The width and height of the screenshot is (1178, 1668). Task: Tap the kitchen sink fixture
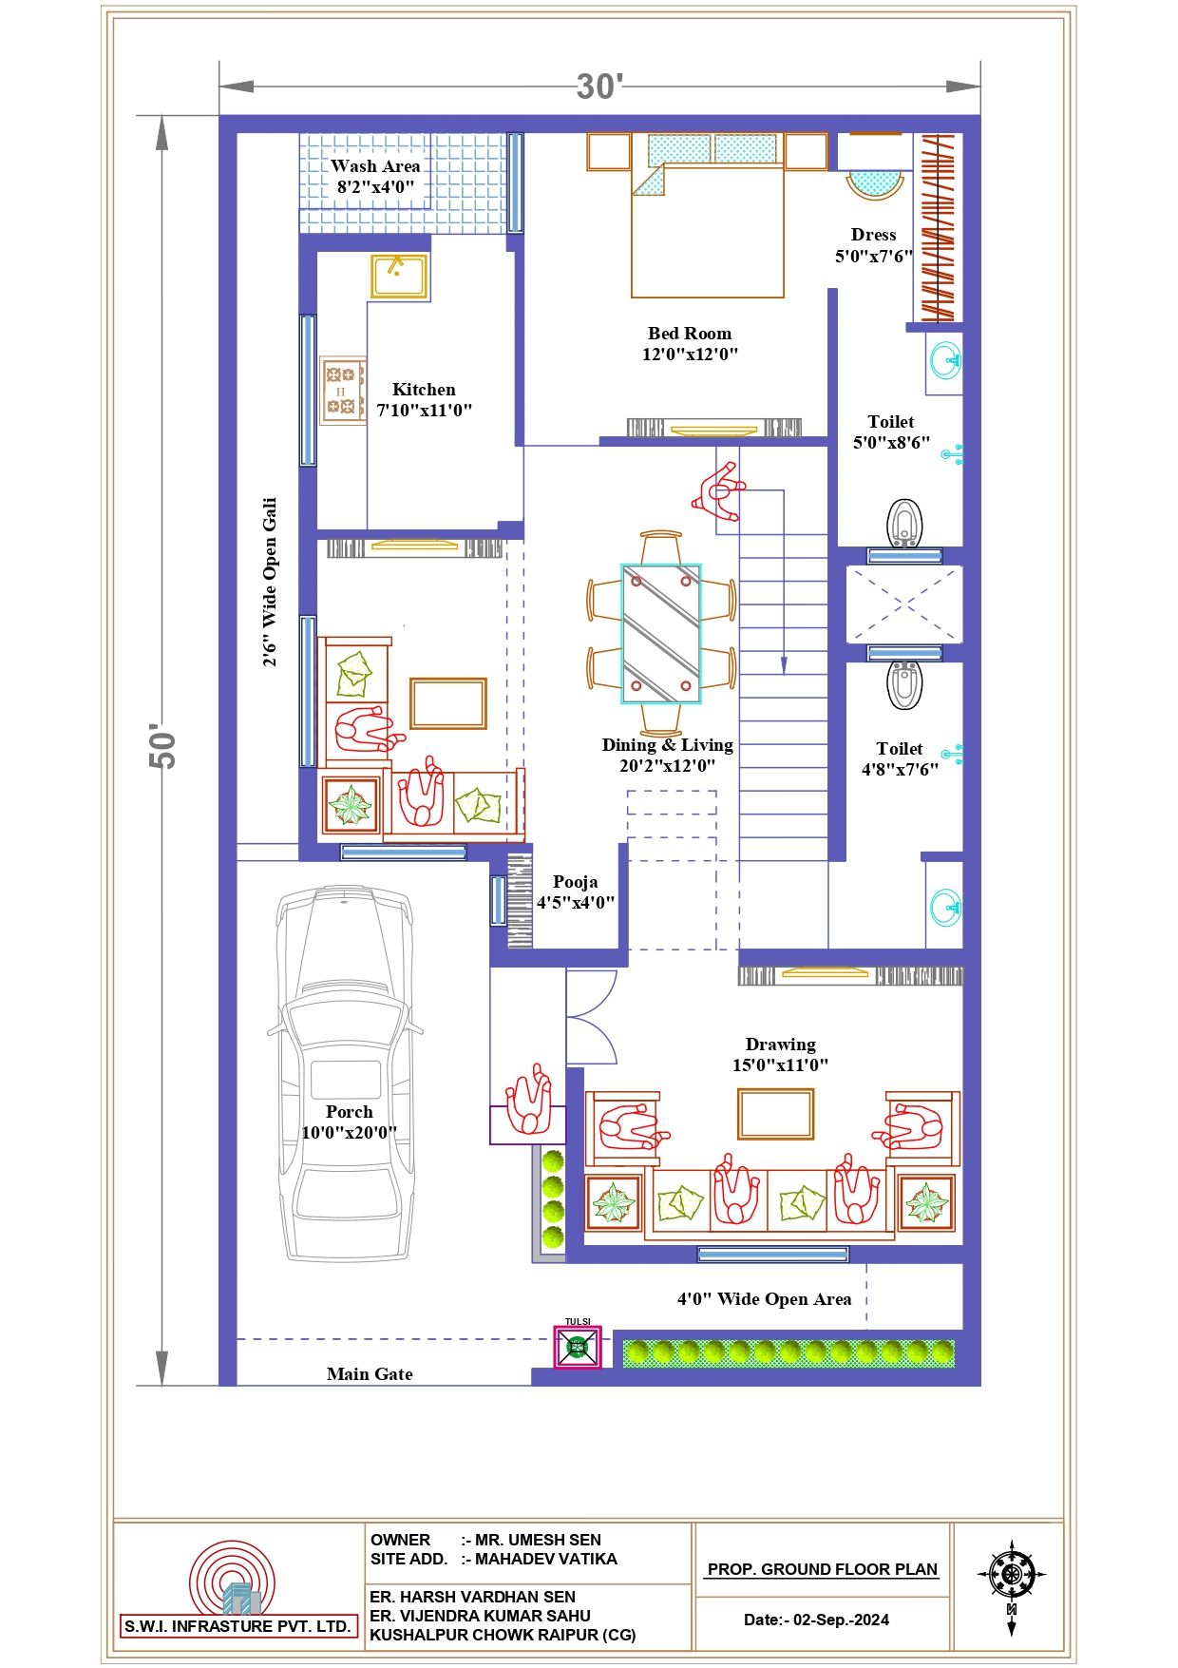pyautogui.click(x=399, y=276)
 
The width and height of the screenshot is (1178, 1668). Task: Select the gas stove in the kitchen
pyautogui.click(x=343, y=391)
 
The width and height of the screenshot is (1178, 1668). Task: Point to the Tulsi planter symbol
pyautogui.click(x=578, y=1348)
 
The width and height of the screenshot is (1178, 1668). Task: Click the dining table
pyautogui.click(x=661, y=634)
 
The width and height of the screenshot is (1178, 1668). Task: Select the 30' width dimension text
pyautogui.click(x=599, y=86)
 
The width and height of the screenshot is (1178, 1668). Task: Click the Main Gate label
pyautogui.click(x=370, y=1374)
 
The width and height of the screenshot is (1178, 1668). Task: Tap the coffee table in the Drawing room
pyautogui.click(x=776, y=1114)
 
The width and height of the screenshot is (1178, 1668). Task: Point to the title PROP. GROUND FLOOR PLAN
pyautogui.click(x=823, y=1569)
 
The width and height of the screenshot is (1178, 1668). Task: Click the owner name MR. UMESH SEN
pyautogui.click(x=538, y=1540)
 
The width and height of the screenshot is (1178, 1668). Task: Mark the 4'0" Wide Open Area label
pyautogui.click(x=764, y=1299)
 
